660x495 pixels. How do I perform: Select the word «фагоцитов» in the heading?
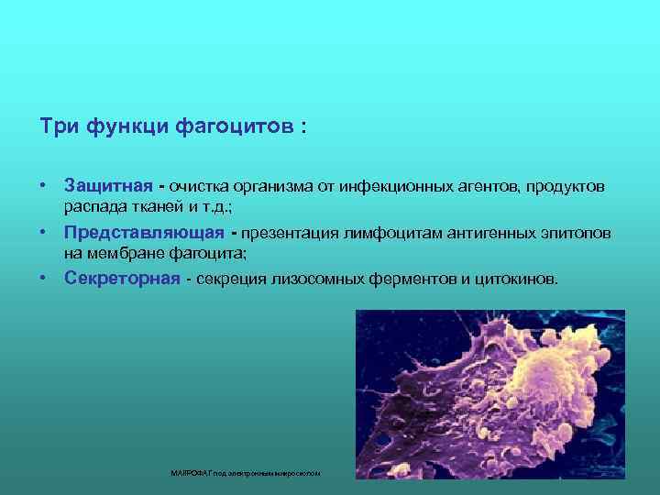click(243, 126)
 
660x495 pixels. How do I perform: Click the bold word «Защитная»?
click(107, 187)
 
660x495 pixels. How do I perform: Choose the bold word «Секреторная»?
click(122, 278)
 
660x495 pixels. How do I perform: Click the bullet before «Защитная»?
click(43, 187)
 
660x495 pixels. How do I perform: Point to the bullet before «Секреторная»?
click(43, 278)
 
